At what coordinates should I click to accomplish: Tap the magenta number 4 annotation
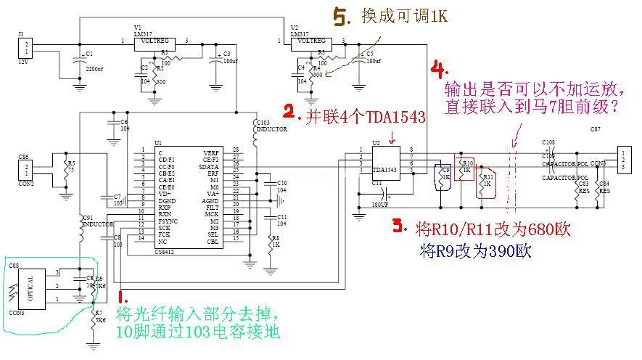(437, 70)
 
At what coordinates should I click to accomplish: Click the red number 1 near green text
(125, 298)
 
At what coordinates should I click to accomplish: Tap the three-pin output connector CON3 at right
(623, 159)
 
